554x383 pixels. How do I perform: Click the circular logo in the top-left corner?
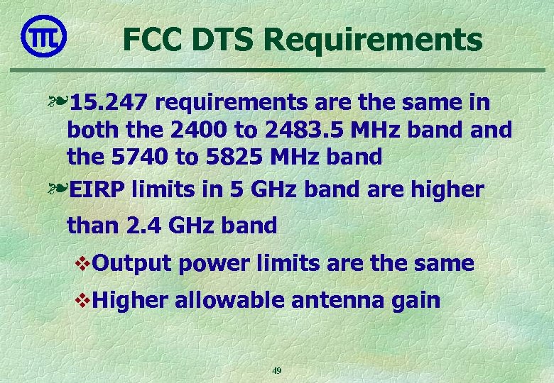point(44,37)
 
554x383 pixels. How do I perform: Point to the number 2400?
point(190,130)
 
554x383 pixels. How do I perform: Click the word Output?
point(132,264)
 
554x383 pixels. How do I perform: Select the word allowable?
point(228,300)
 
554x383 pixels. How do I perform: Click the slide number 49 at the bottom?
point(277,370)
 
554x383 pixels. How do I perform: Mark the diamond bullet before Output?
point(81,264)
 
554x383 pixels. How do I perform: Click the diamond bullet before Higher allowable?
point(81,300)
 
